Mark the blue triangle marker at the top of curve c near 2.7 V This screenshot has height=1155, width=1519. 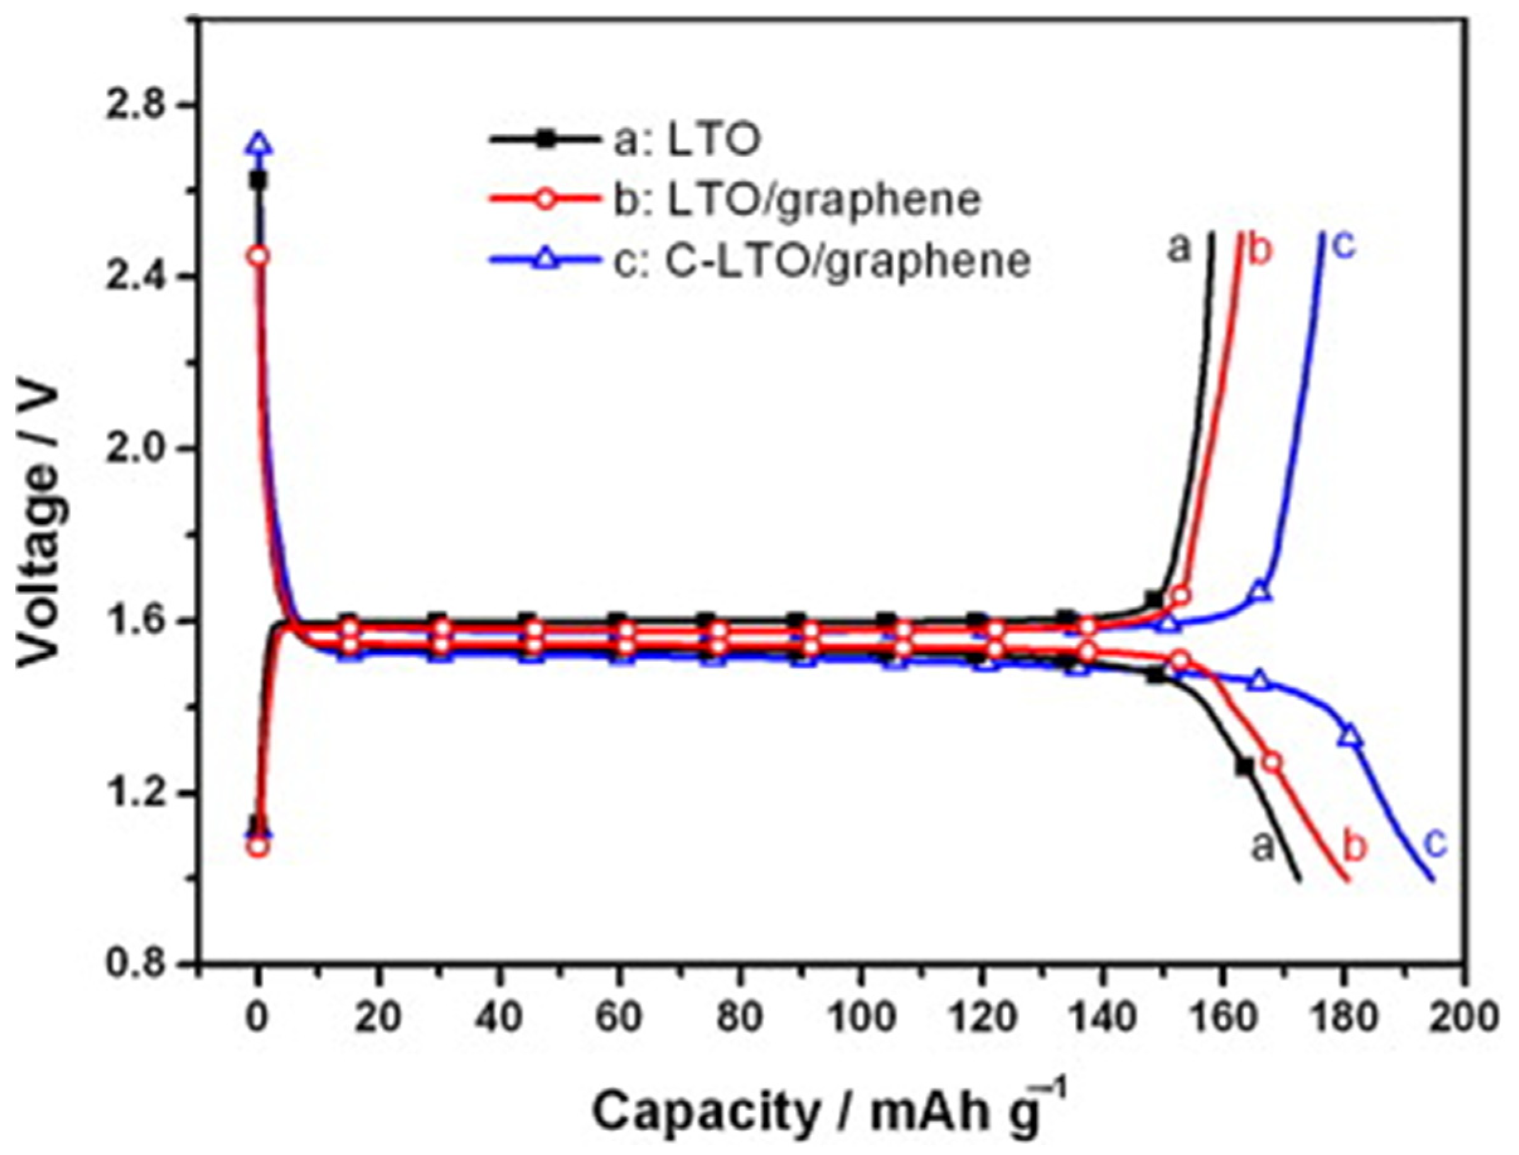pos(259,145)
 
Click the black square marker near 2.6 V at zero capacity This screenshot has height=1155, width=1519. pos(258,181)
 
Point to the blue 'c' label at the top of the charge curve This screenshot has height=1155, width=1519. pos(1344,246)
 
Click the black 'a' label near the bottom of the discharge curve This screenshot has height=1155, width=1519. pos(1262,847)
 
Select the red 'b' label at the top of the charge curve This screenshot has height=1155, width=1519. pos(1260,251)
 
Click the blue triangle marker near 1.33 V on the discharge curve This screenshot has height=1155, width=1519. pos(1350,737)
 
